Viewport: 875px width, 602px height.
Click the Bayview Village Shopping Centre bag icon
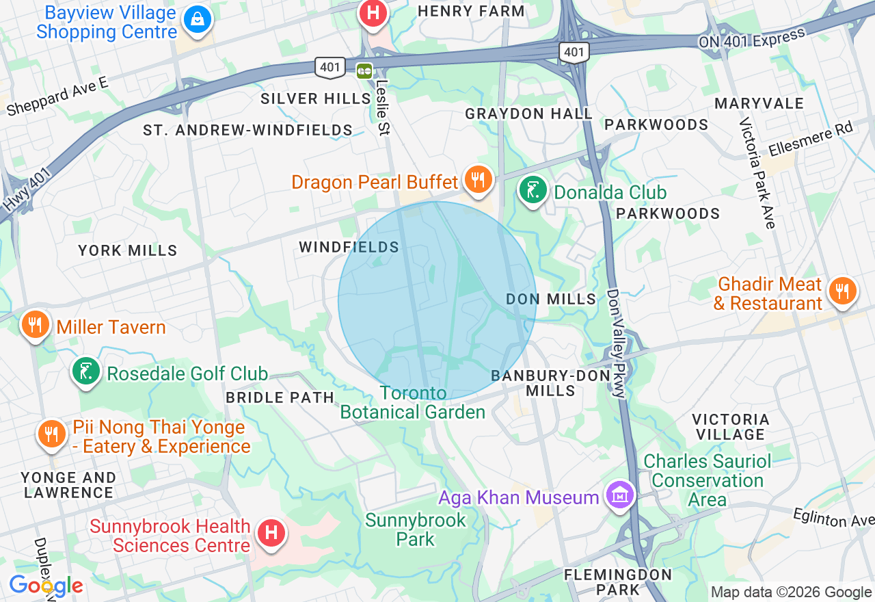(198, 20)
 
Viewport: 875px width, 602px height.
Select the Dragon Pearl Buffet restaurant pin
(478, 180)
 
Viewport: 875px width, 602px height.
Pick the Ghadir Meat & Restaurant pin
(842, 291)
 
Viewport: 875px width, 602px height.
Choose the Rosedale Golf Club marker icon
(86, 371)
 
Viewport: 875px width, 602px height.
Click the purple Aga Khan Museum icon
(620, 495)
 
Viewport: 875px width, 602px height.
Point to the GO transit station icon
(364, 69)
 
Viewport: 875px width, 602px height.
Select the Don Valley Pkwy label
(616, 344)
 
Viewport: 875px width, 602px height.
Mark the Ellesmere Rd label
(811, 139)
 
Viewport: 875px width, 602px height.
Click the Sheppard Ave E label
(57, 96)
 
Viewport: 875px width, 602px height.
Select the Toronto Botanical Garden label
(413, 402)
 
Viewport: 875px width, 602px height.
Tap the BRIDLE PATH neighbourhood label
(280, 397)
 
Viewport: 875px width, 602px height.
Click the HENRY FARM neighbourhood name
(471, 11)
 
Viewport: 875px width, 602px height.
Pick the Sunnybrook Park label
(415, 529)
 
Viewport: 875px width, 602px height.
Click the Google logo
(46, 586)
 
